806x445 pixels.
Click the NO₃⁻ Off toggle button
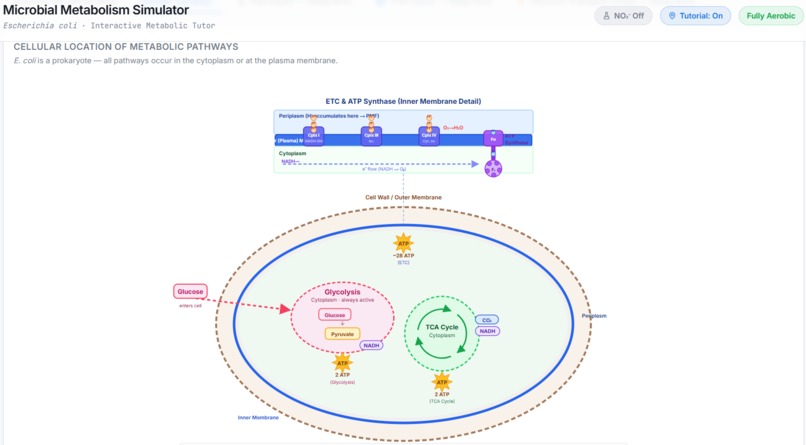[623, 16]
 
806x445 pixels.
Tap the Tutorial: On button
[695, 16]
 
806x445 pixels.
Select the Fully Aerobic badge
[770, 16]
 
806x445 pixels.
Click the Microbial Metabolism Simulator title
[96, 10]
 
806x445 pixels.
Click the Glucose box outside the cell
[190, 292]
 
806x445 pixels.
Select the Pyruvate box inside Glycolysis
[342, 334]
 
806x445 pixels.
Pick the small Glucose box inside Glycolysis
[335, 315]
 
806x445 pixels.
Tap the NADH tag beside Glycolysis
[372, 346]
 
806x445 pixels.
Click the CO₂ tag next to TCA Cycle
[487, 320]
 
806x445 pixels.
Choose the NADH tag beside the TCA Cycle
[487, 331]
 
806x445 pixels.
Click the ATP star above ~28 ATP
[403, 243]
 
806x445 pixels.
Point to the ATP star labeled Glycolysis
[342, 363]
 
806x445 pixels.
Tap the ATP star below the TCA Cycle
[441, 382]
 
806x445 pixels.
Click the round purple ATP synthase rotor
[493, 169]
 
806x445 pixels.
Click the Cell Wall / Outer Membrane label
[403, 198]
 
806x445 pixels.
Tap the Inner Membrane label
[258, 417]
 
